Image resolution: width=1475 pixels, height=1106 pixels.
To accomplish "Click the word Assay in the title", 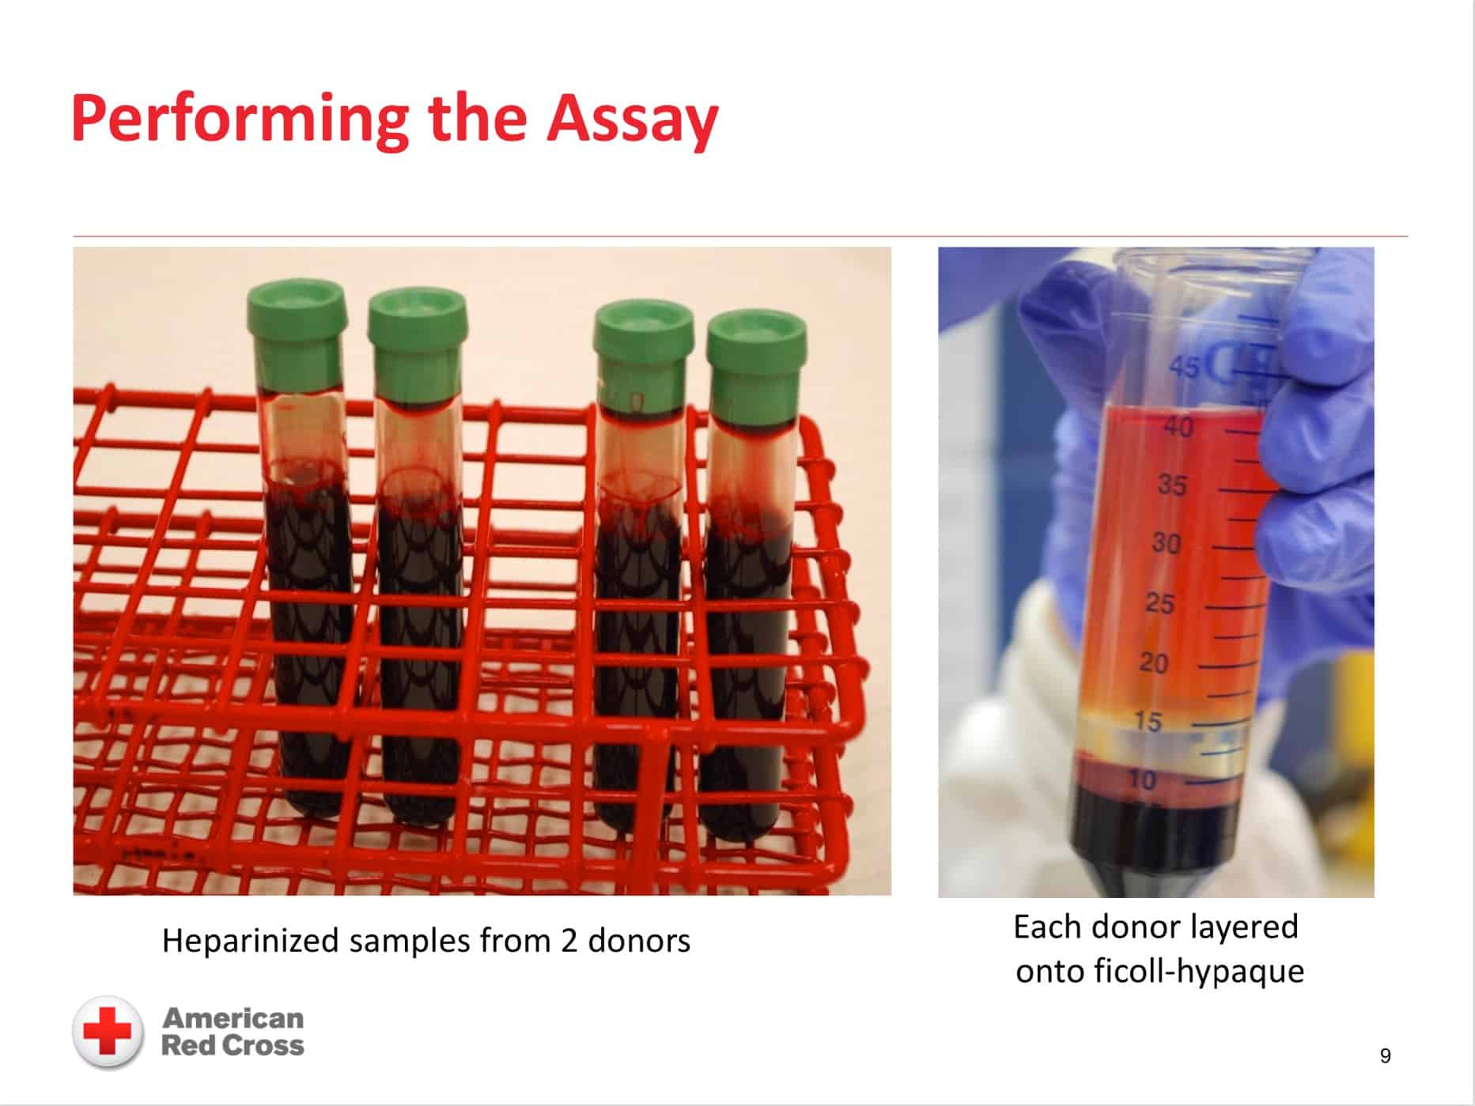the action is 632,119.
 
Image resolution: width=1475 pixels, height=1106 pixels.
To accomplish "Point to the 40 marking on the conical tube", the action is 1178,428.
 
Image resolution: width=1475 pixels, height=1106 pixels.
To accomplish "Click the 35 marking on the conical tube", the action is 1172,485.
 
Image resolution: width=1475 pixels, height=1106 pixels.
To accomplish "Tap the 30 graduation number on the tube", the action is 1166,543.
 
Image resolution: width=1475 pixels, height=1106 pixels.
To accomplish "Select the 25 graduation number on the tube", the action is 1160,603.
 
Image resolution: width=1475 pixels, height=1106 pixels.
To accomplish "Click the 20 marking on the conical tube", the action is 1154,662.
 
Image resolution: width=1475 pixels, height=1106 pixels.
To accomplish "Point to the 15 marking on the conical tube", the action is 1148,722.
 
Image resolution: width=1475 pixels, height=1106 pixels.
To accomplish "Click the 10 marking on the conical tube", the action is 1143,780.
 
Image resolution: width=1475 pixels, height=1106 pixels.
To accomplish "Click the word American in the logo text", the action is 233,1017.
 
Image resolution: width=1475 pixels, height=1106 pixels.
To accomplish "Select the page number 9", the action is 1385,1056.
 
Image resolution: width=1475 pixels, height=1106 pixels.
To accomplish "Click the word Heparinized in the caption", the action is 251,942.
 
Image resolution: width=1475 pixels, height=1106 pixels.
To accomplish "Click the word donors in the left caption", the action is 639,941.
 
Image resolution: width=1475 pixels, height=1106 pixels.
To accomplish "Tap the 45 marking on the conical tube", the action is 1184,368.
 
